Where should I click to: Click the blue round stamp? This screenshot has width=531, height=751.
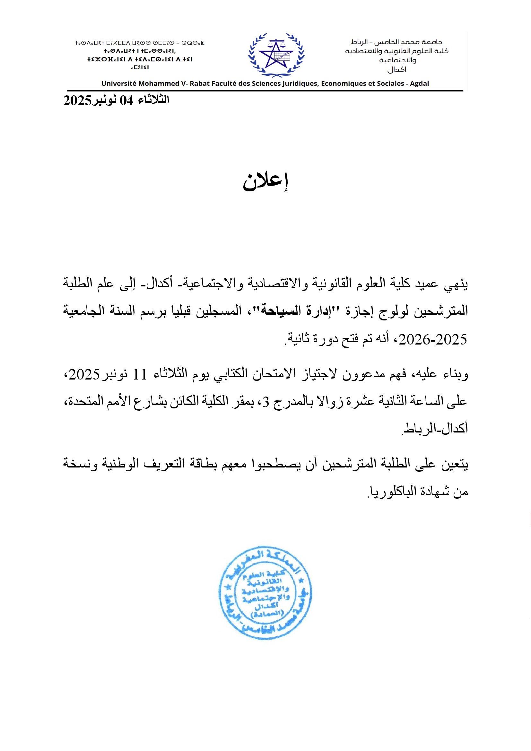click(265, 592)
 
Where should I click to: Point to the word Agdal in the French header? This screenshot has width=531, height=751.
click(419, 83)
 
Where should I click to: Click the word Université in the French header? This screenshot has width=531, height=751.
click(118, 83)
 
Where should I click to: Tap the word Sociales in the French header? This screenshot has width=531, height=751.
click(390, 83)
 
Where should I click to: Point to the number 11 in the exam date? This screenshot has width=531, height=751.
click(140, 374)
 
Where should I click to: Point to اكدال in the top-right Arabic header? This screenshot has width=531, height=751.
click(396, 69)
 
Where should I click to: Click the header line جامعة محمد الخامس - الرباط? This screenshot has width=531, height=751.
click(396, 42)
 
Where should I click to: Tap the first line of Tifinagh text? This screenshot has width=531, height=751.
click(140, 43)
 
